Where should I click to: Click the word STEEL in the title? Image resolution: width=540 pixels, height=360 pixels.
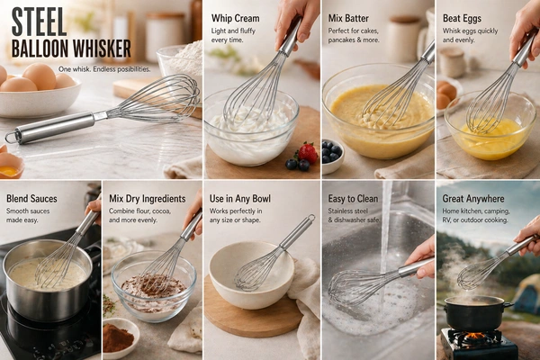(39, 22)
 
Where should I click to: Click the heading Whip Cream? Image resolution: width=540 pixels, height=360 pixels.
(236, 18)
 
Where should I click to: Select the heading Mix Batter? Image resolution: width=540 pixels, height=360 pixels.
(348, 18)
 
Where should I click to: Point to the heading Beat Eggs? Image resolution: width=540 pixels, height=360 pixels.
(463, 18)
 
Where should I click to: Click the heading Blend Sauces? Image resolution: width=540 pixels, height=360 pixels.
(31, 198)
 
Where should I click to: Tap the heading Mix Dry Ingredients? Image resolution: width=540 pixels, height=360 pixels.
(148, 199)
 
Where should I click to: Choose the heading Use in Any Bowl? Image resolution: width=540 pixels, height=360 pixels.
(240, 199)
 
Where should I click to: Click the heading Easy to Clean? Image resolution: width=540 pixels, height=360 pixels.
(353, 199)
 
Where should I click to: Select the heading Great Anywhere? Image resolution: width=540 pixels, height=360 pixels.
(473, 199)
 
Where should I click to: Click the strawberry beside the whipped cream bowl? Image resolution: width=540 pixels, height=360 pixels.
(307, 153)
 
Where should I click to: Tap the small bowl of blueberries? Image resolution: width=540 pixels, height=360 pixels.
(331, 156)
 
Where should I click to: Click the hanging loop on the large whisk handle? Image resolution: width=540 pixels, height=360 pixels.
(10, 138)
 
